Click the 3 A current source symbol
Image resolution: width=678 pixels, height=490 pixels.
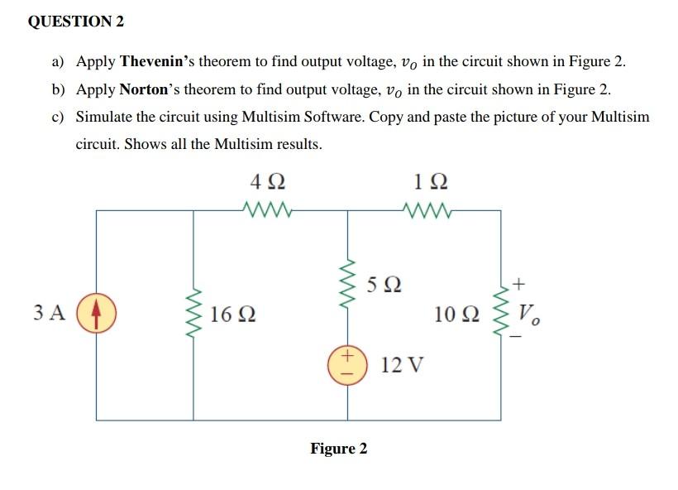point(96,314)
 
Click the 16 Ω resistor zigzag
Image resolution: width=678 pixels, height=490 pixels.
point(194,314)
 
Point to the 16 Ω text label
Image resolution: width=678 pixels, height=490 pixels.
point(232,315)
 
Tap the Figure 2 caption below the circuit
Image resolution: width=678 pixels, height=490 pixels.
point(339,449)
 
